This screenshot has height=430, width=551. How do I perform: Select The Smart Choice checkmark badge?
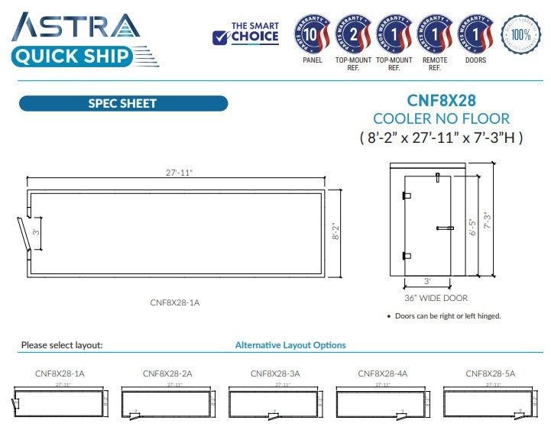[x=245, y=33]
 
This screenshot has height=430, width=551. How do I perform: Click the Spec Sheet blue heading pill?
[x=122, y=104]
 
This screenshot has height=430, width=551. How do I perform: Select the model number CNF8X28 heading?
[x=442, y=100]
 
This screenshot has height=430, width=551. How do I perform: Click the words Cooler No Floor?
[x=442, y=119]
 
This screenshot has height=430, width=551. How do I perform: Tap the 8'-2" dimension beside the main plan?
[x=333, y=231]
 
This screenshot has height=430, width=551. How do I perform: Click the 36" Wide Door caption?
[x=436, y=298]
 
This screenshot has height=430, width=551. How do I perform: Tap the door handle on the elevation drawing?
[x=444, y=228]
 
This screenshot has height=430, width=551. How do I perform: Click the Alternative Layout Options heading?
[x=290, y=345]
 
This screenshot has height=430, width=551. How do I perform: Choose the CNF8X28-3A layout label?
[x=275, y=373]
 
